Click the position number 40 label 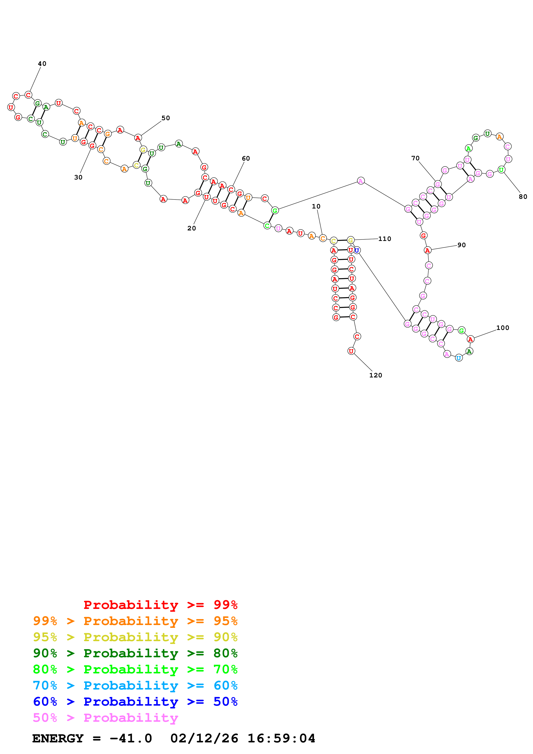click(x=42, y=64)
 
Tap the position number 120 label click(x=375, y=375)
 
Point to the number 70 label click(x=415, y=158)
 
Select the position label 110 click(x=385, y=239)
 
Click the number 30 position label click(x=78, y=177)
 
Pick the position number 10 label click(x=316, y=206)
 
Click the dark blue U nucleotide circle click(x=357, y=250)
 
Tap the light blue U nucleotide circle click(x=459, y=358)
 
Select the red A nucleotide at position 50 click(x=138, y=138)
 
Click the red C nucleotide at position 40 click(x=29, y=95)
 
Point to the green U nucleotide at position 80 click(x=501, y=170)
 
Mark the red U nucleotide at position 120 click(x=351, y=351)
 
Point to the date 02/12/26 click(x=204, y=738)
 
